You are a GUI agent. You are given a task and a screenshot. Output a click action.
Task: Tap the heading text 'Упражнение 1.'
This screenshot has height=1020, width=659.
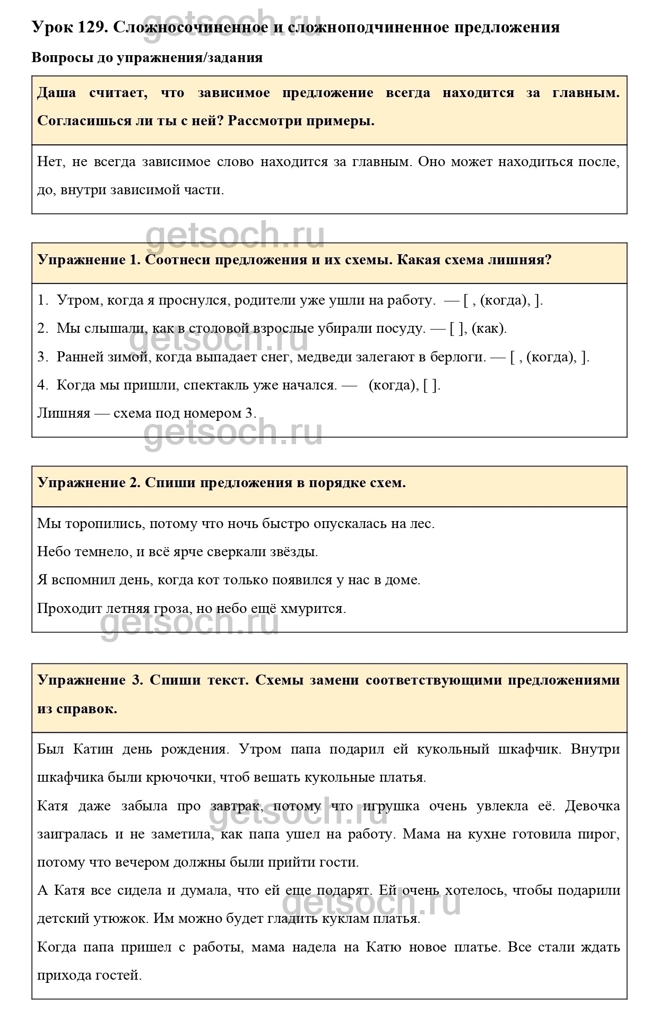coord(88,260)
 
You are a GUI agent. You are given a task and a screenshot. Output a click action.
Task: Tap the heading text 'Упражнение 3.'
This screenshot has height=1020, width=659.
coord(91,680)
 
